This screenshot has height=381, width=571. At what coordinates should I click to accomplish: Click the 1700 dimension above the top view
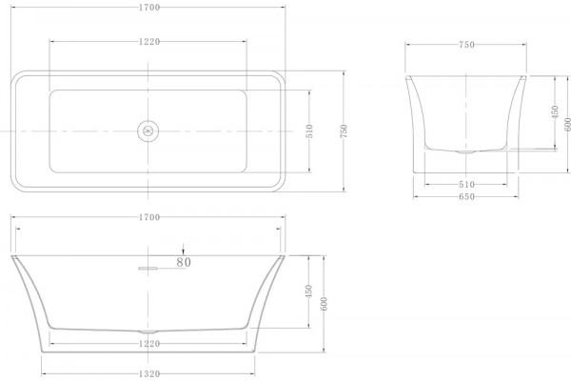coord(149,8)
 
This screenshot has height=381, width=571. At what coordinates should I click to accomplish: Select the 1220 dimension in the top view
coord(149,42)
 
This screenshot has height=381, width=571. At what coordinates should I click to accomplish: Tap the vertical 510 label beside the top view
coord(309,131)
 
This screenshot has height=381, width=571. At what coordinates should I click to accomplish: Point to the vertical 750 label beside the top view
coord(344,131)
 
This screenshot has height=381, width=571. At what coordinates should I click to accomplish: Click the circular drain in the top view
coord(148,130)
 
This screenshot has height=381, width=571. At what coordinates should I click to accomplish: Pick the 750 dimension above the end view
coord(466,45)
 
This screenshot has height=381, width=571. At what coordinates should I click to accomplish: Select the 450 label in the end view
coord(555,112)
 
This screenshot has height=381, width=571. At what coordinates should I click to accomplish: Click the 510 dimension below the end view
coord(466,185)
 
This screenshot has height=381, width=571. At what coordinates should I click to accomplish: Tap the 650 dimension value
coord(466,197)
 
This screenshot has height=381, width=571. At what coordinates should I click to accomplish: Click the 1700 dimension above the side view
coord(149,217)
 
